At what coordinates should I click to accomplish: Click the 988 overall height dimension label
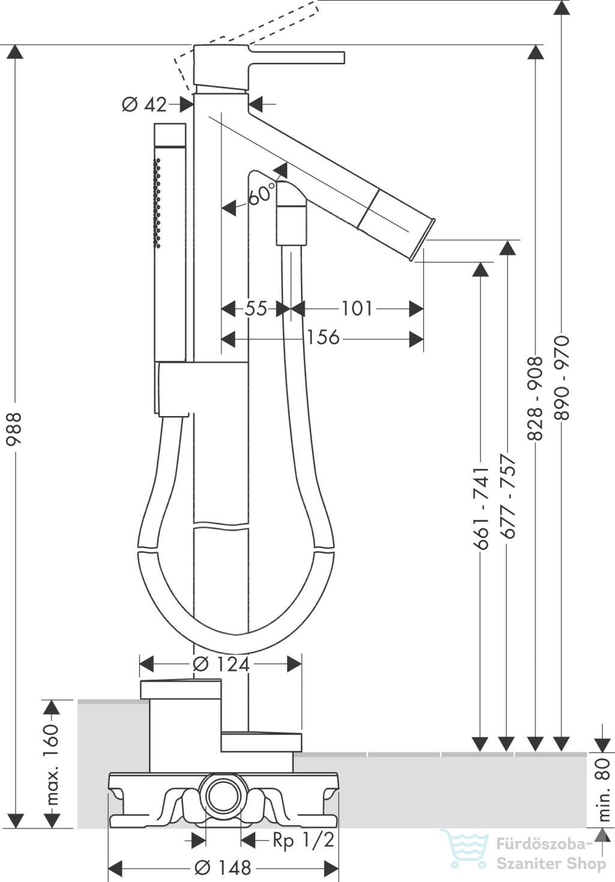tap(14, 429)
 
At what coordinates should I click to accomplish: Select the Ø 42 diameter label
tap(144, 104)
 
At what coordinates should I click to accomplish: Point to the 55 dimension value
tap(256, 309)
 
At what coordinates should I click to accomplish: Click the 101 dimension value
tap(357, 309)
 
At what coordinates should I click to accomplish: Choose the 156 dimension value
tap(323, 337)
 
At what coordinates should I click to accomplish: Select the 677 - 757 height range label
tap(508, 496)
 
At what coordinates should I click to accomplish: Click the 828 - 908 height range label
tap(535, 397)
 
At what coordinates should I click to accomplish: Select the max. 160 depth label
tap(52, 764)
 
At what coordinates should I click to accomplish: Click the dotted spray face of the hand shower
tap(158, 203)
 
